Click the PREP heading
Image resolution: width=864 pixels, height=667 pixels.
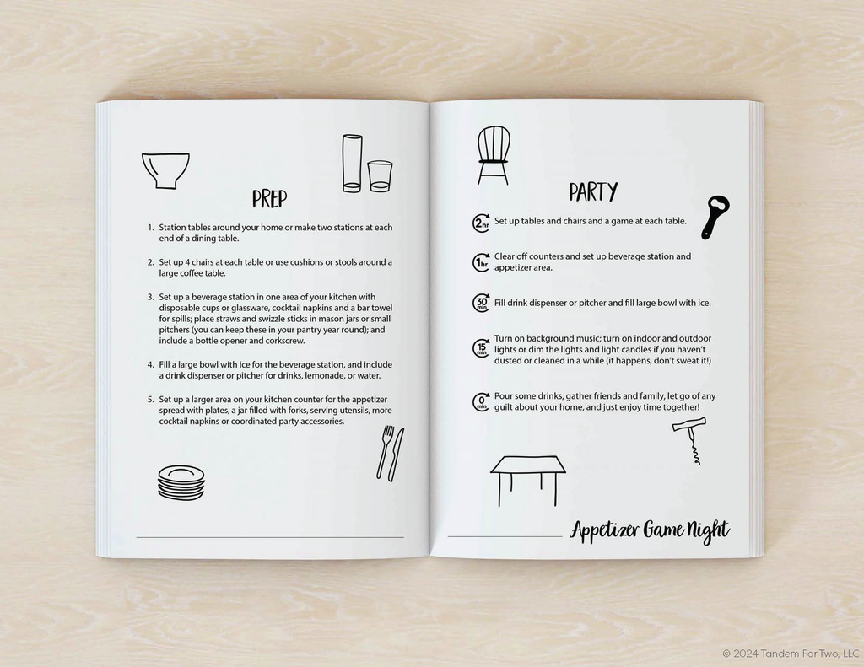pyautogui.click(x=269, y=198)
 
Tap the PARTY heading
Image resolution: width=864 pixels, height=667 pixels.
pyautogui.click(x=593, y=191)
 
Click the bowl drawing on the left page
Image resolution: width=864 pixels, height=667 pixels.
pyautogui.click(x=165, y=170)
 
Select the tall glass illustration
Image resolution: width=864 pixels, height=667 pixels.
pyautogui.click(x=352, y=164)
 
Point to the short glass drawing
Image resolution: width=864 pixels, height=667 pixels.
pyautogui.click(x=380, y=176)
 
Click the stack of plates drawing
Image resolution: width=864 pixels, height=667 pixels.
pyautogui.click(x=181, y=482)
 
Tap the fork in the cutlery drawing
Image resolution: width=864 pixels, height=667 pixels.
pyautogui.click(x=385, y=451)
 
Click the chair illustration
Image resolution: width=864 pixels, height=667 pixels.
pyautogui.click(x=493, y=155)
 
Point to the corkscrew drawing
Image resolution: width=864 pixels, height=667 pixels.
pyautogui.click(x=690, y=440)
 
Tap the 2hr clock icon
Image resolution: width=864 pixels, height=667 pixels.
pyautogui.click(x=481, y=223)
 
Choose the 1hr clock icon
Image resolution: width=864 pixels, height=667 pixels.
pyautogui.click(x=481, y=262)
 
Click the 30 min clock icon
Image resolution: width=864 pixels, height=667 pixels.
pyautogui.click(x=481, y=303)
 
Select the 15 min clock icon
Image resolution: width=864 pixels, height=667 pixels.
pyautogui.click(x=481, y=348)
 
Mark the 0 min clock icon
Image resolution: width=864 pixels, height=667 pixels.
pyautogui.click(x=481, y=401)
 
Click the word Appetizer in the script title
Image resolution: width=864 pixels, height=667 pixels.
pyautogui.click(x=605, y=531)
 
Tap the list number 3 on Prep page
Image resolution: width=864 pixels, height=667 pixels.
pyautogui.click(x=150, y=297)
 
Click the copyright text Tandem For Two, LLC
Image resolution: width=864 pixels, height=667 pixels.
pyautogui.click(x=809, y=654)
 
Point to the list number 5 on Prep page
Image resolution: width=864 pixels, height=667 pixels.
pyautogui.click(x=150, y=400)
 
